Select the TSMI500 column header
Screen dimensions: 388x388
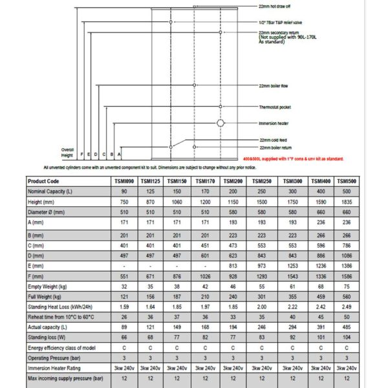[347, 182]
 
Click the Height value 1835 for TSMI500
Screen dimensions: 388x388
[347, 202]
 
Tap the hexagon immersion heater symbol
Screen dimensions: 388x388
[221, 122]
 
